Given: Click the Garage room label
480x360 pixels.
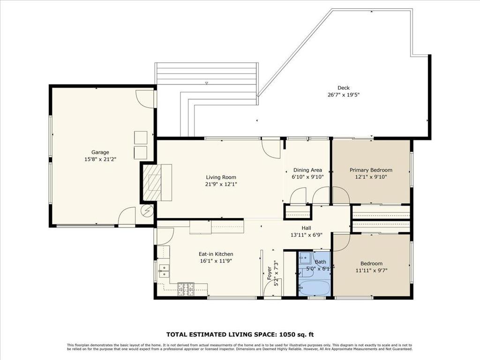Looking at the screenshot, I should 100,152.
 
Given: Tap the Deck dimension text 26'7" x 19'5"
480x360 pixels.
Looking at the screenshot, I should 343,95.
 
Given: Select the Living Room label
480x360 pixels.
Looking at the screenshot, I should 221,177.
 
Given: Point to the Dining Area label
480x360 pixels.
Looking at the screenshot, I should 307,170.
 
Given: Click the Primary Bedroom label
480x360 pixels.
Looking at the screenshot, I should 371,170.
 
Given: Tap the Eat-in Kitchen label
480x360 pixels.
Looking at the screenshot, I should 216,254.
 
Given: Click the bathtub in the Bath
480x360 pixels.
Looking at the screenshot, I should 315,286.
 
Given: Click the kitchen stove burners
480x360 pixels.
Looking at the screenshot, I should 186,289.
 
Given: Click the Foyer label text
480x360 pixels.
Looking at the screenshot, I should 269,273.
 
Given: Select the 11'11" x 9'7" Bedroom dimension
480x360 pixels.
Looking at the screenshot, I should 371,270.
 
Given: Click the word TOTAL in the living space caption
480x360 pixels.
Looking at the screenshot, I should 178,334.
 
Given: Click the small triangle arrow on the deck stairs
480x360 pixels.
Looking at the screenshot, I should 206,83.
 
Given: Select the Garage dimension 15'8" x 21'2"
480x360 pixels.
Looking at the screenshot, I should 100,159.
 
